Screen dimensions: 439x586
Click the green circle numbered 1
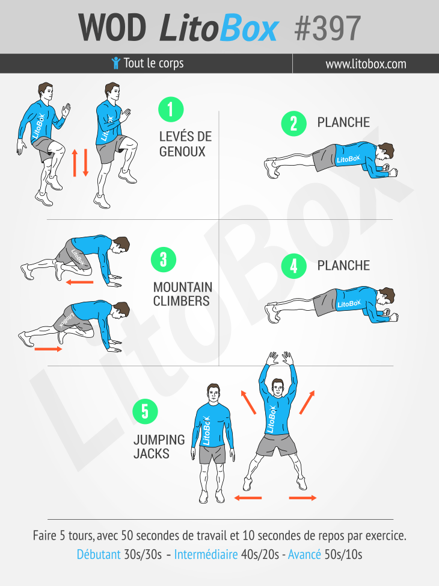171,110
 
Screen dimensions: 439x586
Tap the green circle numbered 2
294,123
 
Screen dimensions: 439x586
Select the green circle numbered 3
164,260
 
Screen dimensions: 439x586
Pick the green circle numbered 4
294,266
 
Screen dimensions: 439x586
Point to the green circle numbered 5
145,411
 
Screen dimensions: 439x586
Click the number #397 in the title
327,28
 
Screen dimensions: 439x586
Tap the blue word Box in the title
249,28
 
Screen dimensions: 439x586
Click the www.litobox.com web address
366,64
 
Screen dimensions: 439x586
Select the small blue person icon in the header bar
115,63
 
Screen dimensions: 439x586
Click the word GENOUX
182,152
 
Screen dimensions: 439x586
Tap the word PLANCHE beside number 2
343,122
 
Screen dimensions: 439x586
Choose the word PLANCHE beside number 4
343,266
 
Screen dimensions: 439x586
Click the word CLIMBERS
182,301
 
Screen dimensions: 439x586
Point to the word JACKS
152,454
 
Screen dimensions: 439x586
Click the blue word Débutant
99,554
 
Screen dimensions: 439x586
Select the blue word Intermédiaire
206,554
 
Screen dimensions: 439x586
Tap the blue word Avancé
305,554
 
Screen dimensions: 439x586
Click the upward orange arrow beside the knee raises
75,163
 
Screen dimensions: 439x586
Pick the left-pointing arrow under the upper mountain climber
79,282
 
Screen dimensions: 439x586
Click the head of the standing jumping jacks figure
213,393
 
